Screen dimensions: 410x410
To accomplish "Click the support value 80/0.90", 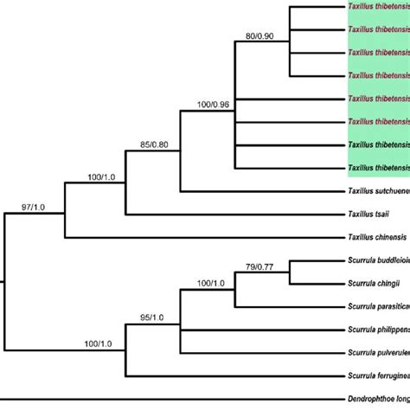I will click(x=261, y=37).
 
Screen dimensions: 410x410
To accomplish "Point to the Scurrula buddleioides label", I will click(x=378, y=259).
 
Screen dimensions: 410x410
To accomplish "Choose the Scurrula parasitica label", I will click(x=378, y=304).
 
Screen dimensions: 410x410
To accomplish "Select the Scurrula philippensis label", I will click(x=378, y=329).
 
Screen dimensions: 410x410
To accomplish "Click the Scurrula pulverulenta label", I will click(x=378, y=352).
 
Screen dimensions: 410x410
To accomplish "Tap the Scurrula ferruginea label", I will click(x=378, y=375).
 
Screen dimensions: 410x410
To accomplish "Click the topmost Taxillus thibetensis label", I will click(x=378, y=6).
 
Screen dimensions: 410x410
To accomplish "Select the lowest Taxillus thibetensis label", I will click(x=378, y=167).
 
